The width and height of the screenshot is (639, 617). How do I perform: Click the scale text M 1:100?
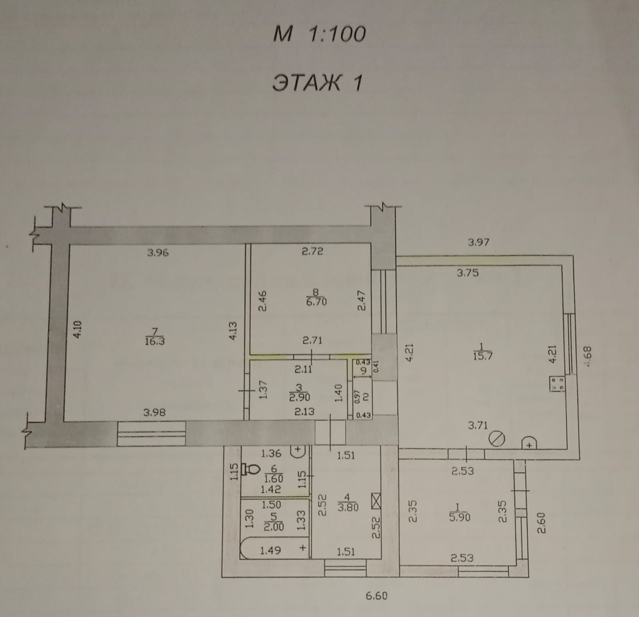pos(319,34)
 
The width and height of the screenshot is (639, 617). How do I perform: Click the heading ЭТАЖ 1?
pos(317,83)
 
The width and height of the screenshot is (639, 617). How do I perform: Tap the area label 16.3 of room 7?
pos(155,341)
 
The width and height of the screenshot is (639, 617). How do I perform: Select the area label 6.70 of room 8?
pos(316,302)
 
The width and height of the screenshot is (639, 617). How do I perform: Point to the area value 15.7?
pos(482,356)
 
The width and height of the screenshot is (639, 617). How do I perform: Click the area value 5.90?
pos(460,517)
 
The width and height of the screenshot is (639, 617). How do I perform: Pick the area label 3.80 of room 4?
pos(348,507)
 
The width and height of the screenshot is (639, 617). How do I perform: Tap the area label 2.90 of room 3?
pos(299,397)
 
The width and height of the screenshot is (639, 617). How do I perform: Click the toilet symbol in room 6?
pos(251,469)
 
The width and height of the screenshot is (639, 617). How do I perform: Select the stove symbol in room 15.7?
pos(557,384)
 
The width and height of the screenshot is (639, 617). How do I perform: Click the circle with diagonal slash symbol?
pos(497,439)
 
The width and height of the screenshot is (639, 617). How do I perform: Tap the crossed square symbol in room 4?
pos(376,501)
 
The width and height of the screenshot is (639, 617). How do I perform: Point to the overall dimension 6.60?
pos(376,596)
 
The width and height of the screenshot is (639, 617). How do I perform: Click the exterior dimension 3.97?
pos(478,242)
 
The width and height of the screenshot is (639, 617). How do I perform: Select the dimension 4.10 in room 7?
pos(78,329)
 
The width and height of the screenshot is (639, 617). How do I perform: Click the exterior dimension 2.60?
pos(541,523)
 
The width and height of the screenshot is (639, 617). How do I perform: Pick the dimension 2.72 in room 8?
pos(312,252)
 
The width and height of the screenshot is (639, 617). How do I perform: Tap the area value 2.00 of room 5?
pos(274,527)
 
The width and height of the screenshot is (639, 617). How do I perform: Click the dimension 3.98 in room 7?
pos(154,412)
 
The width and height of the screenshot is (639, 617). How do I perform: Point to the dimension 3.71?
pos(478,425)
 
